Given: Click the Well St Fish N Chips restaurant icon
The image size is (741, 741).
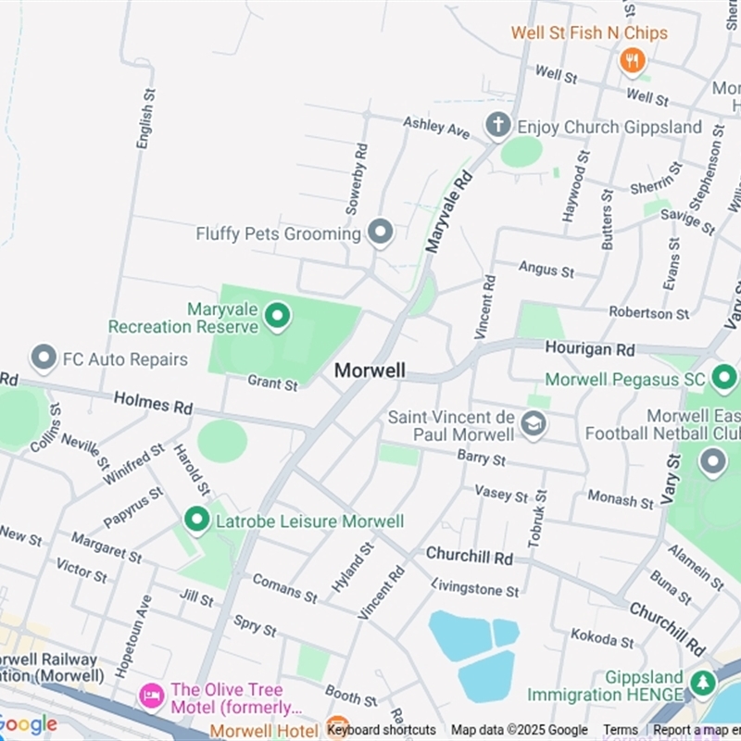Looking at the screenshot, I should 632,60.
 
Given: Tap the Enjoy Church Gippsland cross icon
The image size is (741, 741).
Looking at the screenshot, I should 498,125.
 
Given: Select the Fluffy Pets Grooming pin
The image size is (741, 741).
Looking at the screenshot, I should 380,232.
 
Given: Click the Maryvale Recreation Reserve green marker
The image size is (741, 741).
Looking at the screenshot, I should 276,317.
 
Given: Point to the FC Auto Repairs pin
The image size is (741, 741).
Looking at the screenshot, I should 43,358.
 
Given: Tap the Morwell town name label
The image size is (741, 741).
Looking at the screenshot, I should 370,370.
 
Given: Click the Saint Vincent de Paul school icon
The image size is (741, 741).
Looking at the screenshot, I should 534,424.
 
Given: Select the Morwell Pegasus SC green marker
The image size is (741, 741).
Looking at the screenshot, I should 723,378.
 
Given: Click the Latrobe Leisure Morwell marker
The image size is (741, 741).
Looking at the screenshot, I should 196,521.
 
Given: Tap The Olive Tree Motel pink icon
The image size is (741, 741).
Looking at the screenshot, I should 151,693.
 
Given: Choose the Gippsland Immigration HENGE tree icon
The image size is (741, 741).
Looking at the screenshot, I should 701,684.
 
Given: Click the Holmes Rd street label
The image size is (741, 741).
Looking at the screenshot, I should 153,403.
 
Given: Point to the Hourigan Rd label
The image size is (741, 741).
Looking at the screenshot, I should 590,349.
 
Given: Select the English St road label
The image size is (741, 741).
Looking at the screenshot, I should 144,119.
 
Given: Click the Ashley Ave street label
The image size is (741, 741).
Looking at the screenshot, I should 436,127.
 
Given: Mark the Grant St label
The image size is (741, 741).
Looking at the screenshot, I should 272,382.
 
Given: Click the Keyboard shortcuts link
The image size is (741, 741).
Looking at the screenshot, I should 382,730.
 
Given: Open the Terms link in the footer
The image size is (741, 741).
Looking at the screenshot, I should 621,730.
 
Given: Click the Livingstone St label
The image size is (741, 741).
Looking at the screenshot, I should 476,587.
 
